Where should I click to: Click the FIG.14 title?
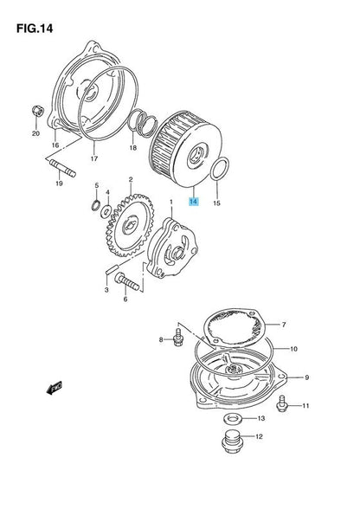(x=35, y=29)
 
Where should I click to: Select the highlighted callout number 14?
(x=194, y=202)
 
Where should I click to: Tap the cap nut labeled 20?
(x=38, y=112)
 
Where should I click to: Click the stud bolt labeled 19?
(x=62, y=168)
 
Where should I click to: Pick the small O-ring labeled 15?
(x=220, y=168)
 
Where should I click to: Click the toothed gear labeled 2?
(x=130, y=225)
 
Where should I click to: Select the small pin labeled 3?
(x=110, y=270)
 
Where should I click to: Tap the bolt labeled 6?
(x=127, y=282)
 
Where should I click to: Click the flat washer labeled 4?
(x=106, y=211)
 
